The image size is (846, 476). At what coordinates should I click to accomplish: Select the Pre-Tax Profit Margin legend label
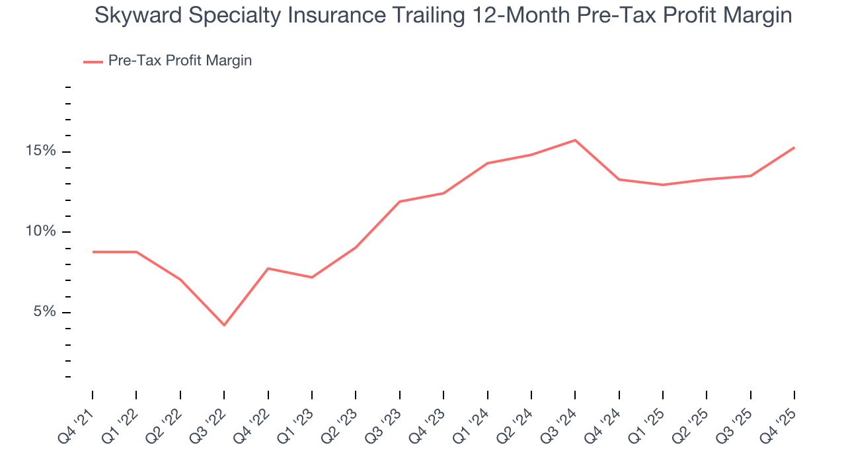180,61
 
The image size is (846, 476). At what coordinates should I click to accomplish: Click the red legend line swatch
93,61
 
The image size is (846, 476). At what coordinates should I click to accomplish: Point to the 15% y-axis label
40,151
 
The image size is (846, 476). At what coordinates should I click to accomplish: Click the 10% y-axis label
40,232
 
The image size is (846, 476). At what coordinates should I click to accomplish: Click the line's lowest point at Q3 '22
224,325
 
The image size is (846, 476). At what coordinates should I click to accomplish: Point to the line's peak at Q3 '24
575,140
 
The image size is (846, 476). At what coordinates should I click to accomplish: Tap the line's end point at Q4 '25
794,147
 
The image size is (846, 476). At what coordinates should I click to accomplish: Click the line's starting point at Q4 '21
93,252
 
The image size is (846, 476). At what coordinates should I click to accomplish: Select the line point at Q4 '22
268,268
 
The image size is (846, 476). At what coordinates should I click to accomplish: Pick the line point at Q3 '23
400,202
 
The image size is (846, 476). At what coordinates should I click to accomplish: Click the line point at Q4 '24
619,179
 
